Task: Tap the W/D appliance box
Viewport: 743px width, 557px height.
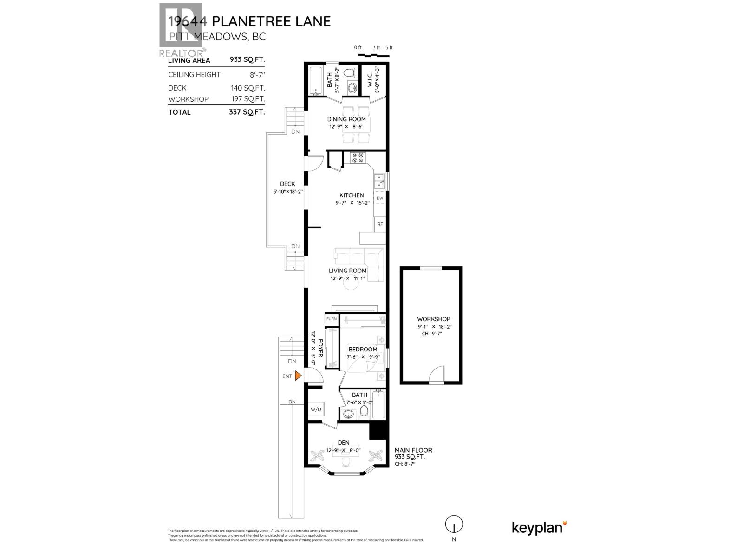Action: pos(316,409)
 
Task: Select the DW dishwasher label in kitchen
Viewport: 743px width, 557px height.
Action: pos(380,198)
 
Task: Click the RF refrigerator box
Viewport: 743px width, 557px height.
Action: pos(380,224)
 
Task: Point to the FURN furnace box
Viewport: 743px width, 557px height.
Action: pos(332,319)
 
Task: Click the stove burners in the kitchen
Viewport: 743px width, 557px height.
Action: pos(358,158)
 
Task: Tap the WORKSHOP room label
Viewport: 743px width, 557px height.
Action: pos(433,319)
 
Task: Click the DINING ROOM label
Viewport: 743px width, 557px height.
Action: pos(346,119)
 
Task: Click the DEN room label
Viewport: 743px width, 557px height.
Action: pos(344,442)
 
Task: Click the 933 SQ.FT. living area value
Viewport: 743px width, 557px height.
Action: pos(247,60)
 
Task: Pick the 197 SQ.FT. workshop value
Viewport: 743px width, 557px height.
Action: pos(248,99)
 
